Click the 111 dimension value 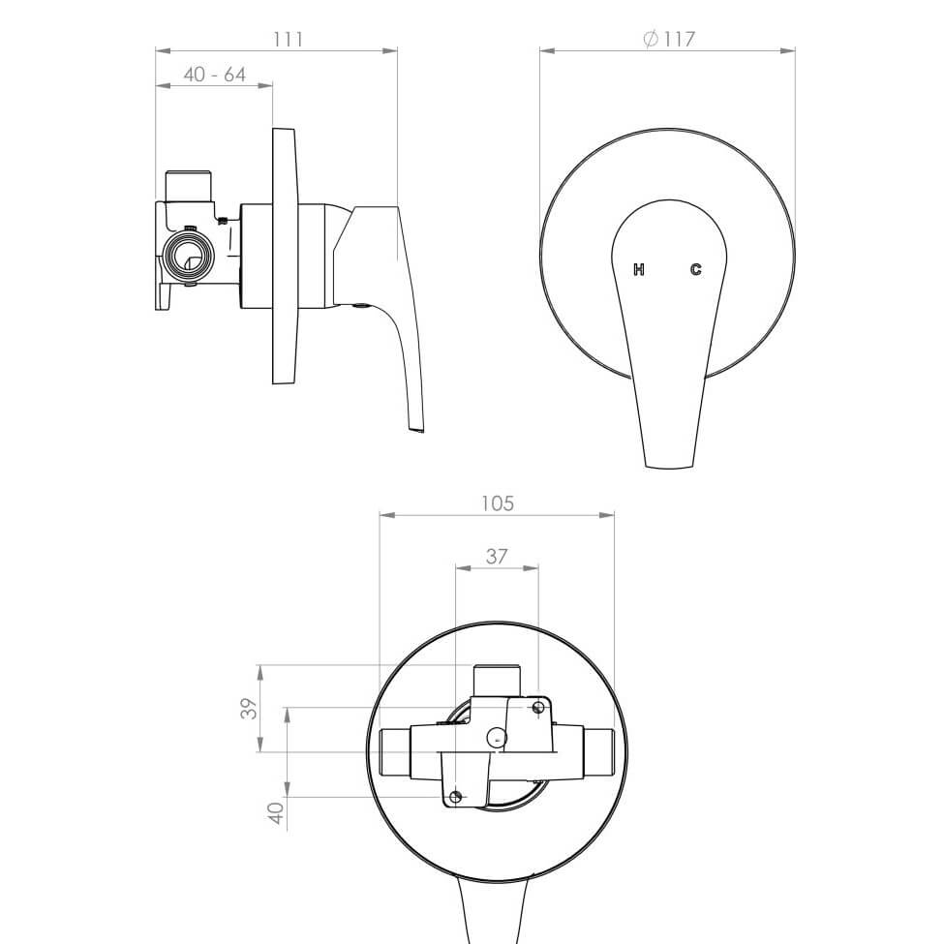click(288, 39)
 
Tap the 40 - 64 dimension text click(215, 75)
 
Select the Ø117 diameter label click(669, 39)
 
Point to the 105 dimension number click(498, 502)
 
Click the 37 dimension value click(496, 557)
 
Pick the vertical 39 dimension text click(249, 708)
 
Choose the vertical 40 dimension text click(276, 813)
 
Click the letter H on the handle click(639, 269)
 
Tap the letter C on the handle click(695, 269)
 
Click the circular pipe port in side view click(189, 256)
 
